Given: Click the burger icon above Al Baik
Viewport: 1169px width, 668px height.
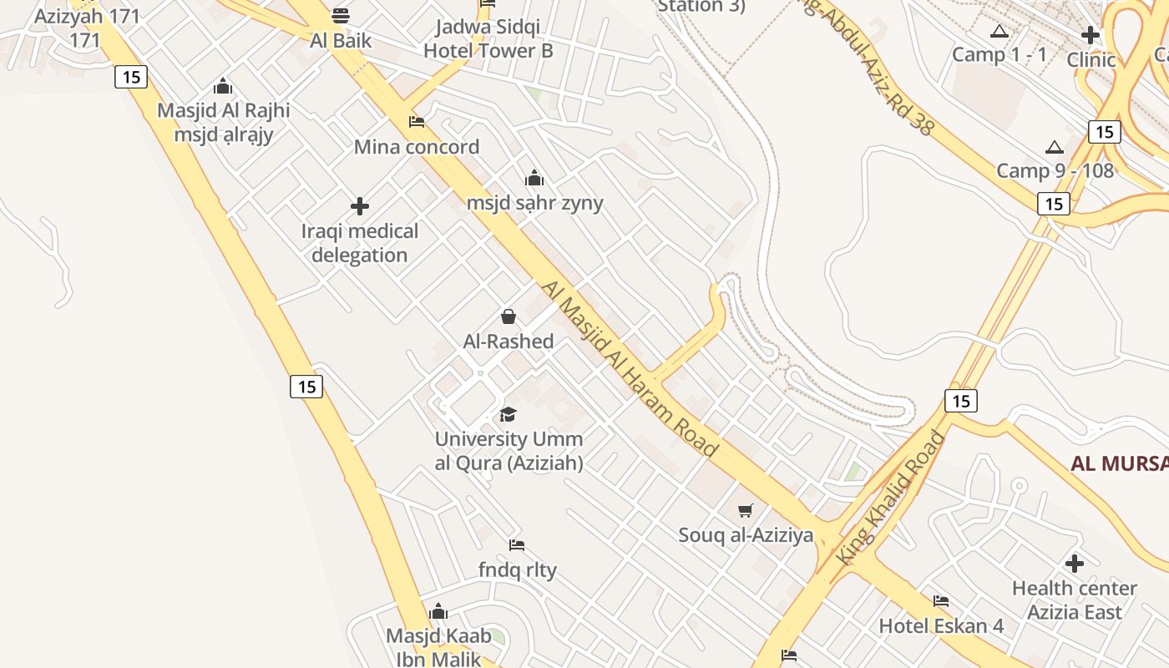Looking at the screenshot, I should point(340,15).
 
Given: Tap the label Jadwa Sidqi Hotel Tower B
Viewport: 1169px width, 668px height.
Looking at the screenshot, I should point(488,39).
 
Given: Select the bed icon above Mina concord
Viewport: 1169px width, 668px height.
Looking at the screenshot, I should point(417,122).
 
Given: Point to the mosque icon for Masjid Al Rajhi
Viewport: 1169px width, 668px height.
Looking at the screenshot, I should point(223,86).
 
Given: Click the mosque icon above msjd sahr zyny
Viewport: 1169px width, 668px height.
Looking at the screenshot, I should point(534,178).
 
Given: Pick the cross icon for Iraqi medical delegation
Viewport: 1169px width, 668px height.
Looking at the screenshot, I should point(360,206).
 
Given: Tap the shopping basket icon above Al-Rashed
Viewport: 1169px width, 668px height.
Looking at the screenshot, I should point(508,316).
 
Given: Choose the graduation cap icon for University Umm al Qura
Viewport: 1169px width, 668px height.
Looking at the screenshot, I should point(508,414).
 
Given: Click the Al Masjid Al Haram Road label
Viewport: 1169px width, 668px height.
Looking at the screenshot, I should point(630,368).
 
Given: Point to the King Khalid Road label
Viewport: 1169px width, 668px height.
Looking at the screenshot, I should point(892,497).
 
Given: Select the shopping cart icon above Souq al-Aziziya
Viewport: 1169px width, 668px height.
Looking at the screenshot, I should point(746,510).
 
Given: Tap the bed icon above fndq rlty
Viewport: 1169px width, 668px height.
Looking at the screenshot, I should point(517,545).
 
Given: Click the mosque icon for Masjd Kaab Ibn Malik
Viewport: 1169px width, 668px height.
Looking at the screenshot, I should point(438,612).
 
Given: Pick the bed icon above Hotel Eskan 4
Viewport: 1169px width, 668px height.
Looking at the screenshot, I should point(941,600).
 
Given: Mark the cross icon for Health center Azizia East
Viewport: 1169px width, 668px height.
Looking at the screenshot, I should point(1075,564).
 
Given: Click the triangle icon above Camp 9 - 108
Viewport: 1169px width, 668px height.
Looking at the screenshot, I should point(1055,147).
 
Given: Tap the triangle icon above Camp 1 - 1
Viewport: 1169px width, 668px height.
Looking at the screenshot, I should point(999,32).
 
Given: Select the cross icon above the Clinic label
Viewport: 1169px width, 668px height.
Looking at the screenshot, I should point(1091,35).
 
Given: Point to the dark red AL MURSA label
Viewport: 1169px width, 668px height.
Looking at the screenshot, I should point(1120,463).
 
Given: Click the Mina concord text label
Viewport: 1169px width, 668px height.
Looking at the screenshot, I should point(417,147).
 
